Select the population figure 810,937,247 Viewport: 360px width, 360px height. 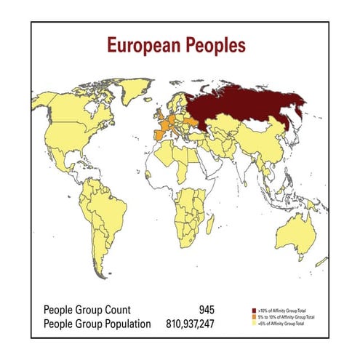coord(185,323)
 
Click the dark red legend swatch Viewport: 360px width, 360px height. coord(254,311)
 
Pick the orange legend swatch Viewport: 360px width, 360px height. coord(254,317)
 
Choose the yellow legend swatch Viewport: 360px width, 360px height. coord(254,324)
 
